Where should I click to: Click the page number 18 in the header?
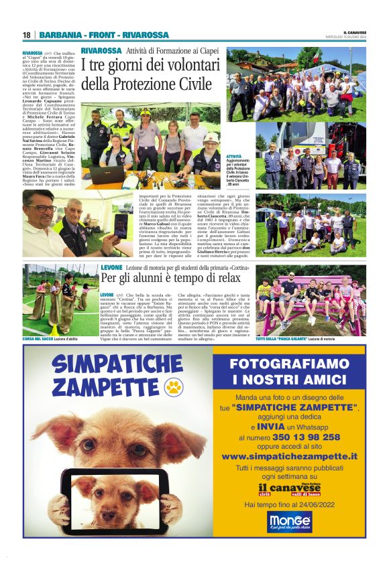point(26,35)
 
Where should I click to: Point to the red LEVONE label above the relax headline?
point(111,267)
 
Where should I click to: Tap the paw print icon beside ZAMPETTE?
point(174,386)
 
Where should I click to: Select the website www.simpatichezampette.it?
point(298,456)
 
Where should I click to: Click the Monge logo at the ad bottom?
point(290,521)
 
